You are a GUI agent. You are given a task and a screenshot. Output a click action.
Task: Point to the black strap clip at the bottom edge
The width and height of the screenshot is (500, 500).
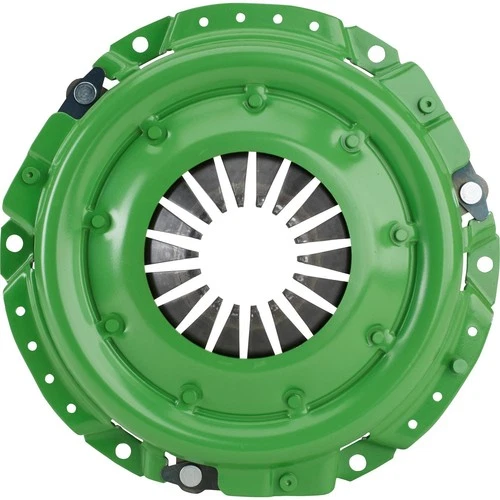point(189,473)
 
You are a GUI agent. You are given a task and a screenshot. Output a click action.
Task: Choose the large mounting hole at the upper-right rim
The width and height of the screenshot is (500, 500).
point(376,53)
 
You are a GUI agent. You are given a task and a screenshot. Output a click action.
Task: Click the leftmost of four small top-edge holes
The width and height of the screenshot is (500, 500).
point(203,21)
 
